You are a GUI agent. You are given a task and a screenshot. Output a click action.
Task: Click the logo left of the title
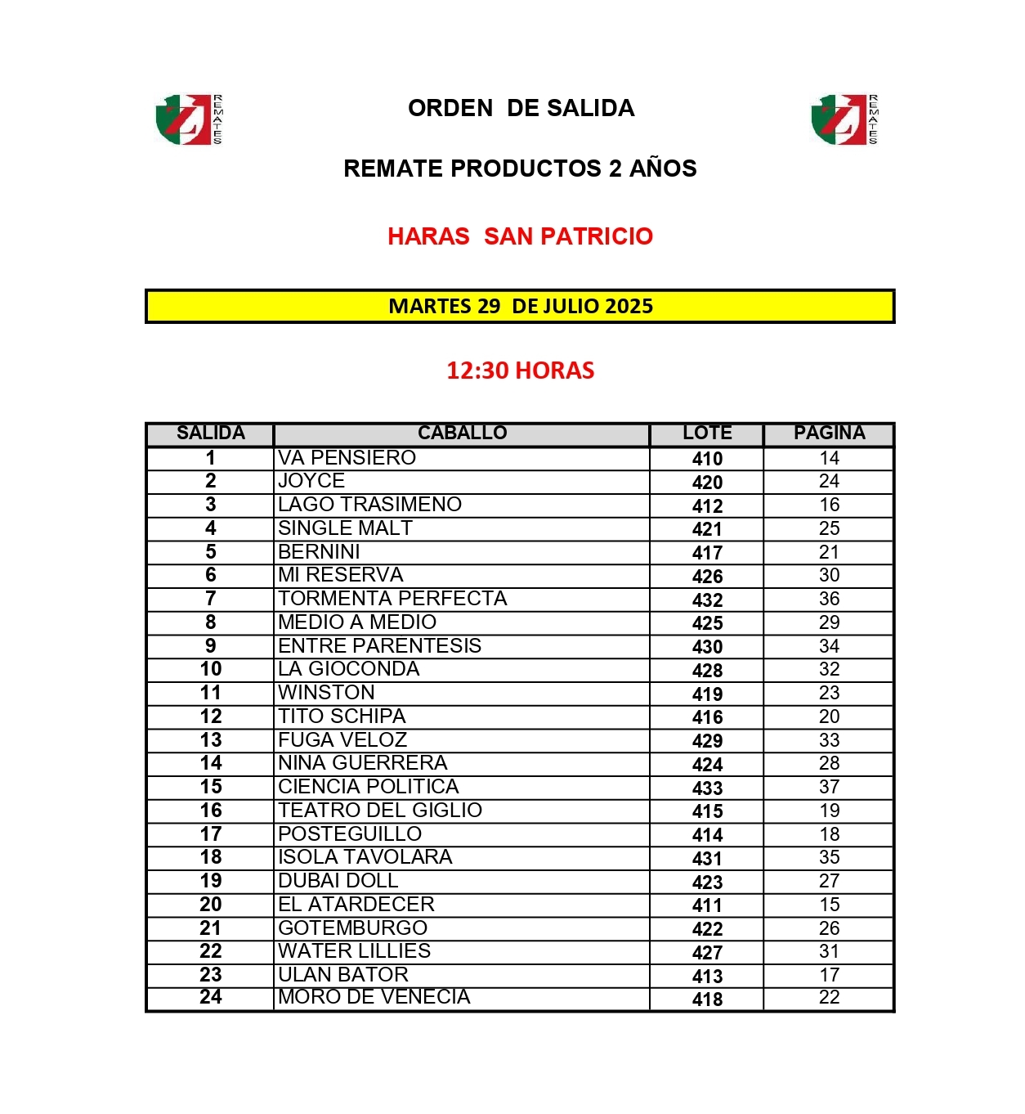pos(189,119)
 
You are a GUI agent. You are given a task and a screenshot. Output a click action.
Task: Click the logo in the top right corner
pos(844,119)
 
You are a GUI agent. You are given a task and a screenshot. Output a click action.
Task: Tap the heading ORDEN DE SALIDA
pos(521,108)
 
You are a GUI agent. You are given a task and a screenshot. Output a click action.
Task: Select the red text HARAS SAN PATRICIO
pos(520,236)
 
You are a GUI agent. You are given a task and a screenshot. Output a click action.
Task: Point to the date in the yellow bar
pos(521,306)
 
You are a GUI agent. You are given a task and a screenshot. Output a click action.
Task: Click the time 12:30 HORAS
pos(520,371)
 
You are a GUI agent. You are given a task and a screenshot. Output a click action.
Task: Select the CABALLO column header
pos(462,433)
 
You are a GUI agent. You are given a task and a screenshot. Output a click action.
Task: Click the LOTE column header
pos(707,433)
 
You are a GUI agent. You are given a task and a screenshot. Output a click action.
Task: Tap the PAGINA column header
pos(829,433)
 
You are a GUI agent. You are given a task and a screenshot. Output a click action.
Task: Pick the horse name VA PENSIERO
pos(347,458)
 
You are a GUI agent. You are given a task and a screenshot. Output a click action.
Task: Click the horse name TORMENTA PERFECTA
pos(392,599)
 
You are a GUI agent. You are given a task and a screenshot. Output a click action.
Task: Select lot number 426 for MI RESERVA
pos(707,577)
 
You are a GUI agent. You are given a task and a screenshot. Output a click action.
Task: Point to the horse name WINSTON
pos(326,693)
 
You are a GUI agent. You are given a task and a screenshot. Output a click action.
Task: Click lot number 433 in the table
pos(707,788)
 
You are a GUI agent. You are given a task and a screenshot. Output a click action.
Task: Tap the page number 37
pos(829,787)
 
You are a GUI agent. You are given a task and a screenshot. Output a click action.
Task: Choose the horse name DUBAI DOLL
pos(338,881)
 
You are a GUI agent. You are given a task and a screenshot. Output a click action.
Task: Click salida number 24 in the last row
pos(211,997)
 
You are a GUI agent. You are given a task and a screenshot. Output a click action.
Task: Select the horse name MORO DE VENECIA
pos(374,997)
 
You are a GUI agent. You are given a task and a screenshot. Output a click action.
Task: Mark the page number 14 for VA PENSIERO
pos(829,458)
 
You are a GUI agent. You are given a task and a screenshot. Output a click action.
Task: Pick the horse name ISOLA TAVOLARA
pos(365,857)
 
